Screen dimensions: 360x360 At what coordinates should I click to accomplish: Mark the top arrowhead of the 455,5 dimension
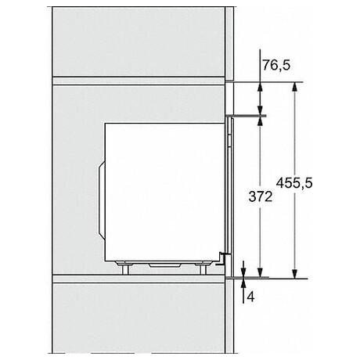click(x=294, y=88)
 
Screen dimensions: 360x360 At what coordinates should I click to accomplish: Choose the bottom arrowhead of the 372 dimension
click(x=258, y=270)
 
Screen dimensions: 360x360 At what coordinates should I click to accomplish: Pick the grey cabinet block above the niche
click(x=141, y=39)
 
